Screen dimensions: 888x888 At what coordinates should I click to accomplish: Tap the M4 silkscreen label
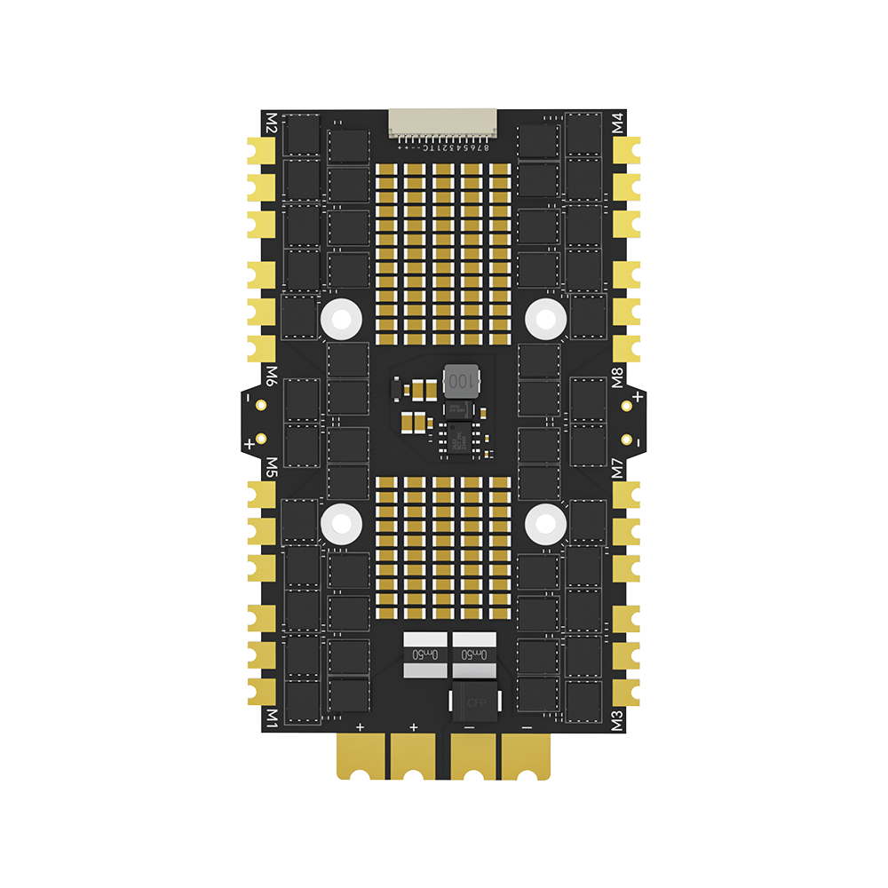(618, 123)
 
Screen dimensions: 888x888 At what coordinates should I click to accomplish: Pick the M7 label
(618, 467)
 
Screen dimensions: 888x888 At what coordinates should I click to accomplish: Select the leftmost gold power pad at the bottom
(362, 757)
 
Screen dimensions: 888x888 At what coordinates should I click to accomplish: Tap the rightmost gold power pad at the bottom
(526, 757)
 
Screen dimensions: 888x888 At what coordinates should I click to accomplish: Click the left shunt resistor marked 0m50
(424, 654)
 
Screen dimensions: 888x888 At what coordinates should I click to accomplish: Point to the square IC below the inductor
(460, 438)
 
